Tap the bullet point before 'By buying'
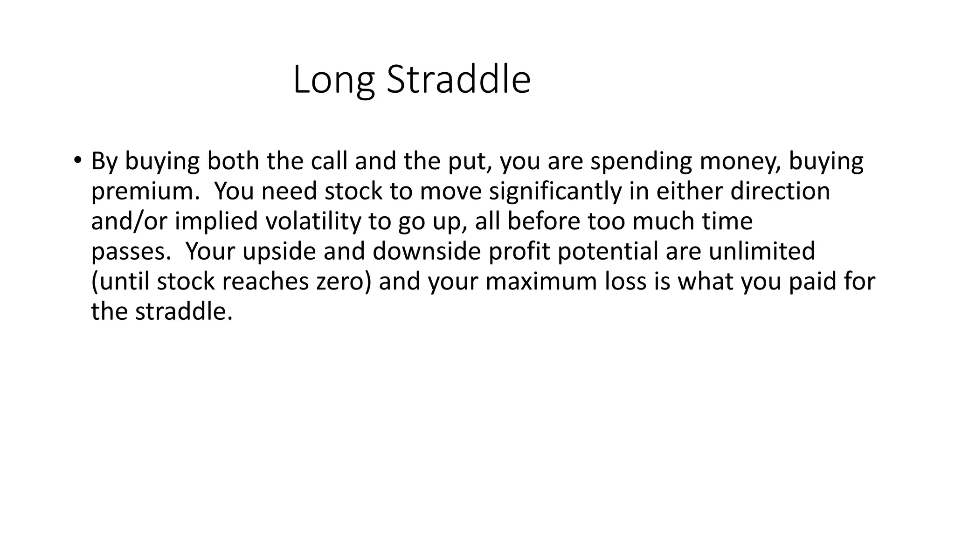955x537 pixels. click(x=77, y=160)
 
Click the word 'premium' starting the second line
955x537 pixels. click(x=142, y=192)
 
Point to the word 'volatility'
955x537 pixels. click(x=313, y=221)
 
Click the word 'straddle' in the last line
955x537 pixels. click(x=183, y=311)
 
